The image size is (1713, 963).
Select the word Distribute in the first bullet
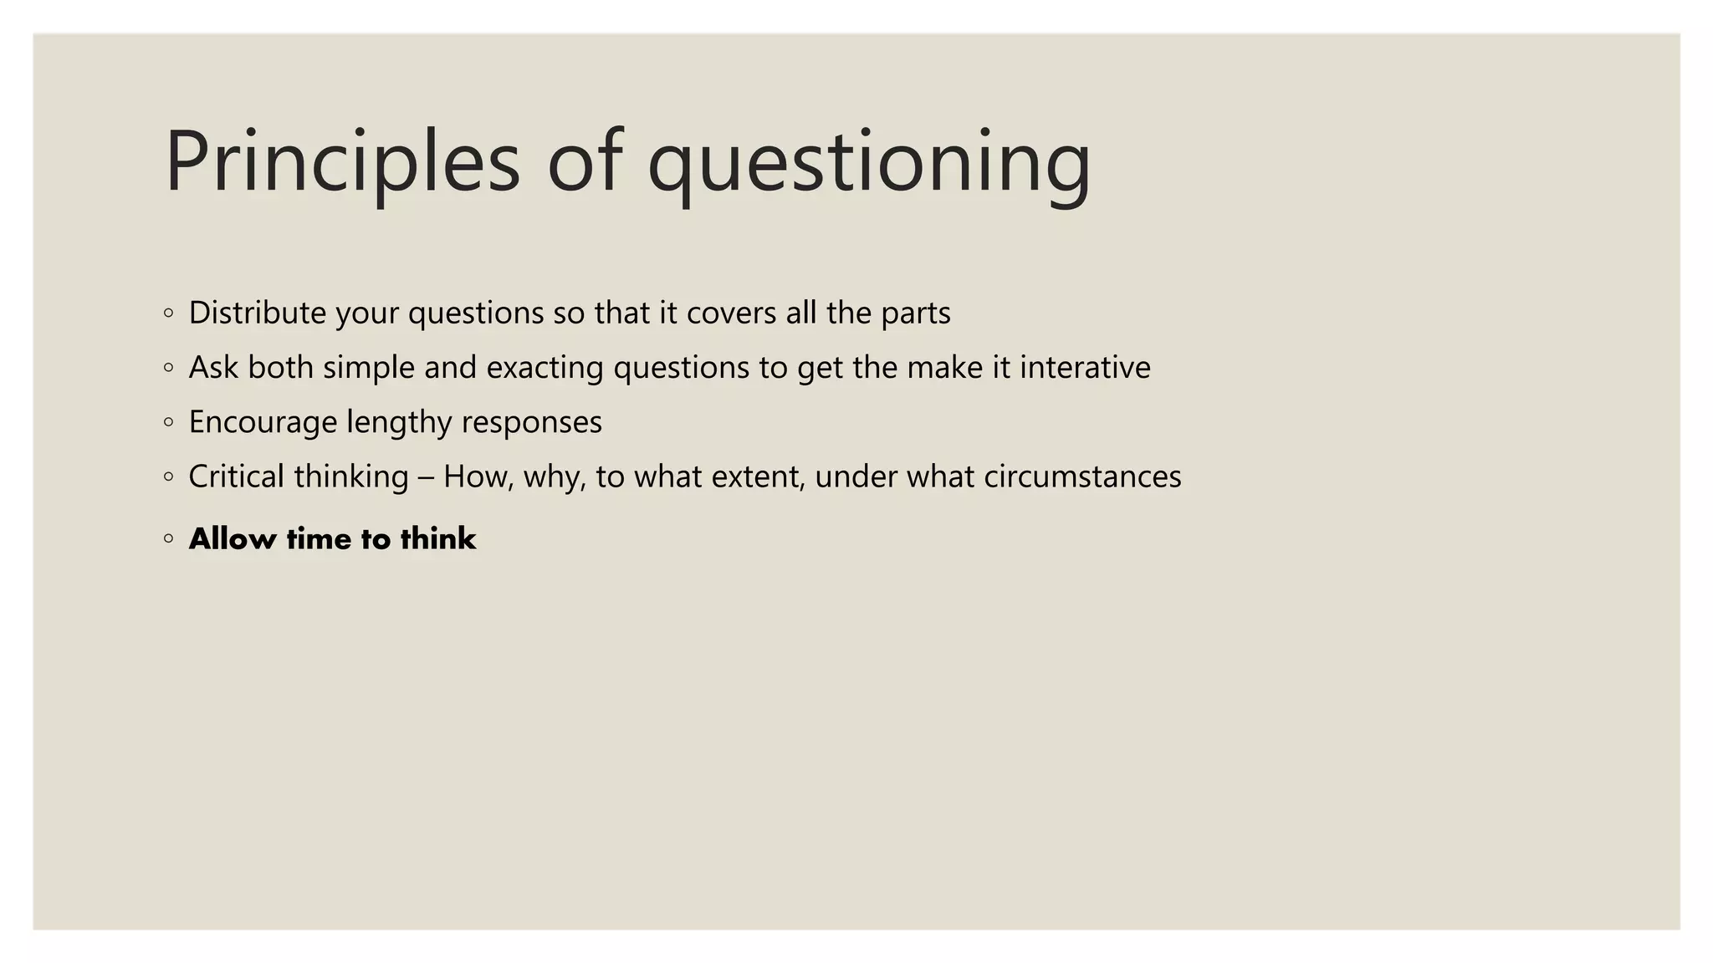click(257, 313)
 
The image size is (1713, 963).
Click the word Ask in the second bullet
click(213, 367)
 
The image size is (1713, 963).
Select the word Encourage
click(263, 422)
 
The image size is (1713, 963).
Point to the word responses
click(531, 422)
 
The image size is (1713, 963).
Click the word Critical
click(237, 476)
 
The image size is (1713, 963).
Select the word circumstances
click(1082, 476)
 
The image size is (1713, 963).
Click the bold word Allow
click(233, 538)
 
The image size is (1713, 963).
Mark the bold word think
click(438, 538)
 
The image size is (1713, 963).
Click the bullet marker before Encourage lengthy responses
click(169, 422)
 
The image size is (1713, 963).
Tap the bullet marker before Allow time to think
click(169, 538)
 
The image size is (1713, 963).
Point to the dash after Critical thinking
click(426, 477)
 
